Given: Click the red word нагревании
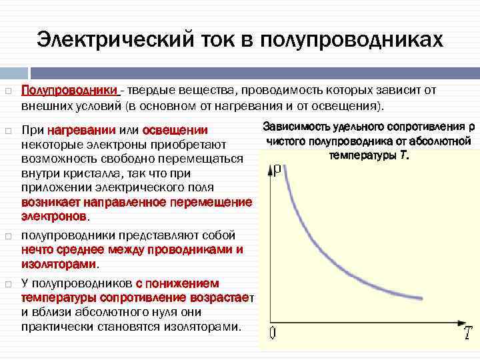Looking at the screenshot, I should pos(83,130).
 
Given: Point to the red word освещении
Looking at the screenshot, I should pos(176,130).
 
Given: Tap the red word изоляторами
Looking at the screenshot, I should pos(59,263).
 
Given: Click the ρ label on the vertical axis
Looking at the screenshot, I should pos(281,170).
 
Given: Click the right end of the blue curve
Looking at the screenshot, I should pos(421,298).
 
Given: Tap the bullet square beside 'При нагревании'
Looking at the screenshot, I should pos(7,131).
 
